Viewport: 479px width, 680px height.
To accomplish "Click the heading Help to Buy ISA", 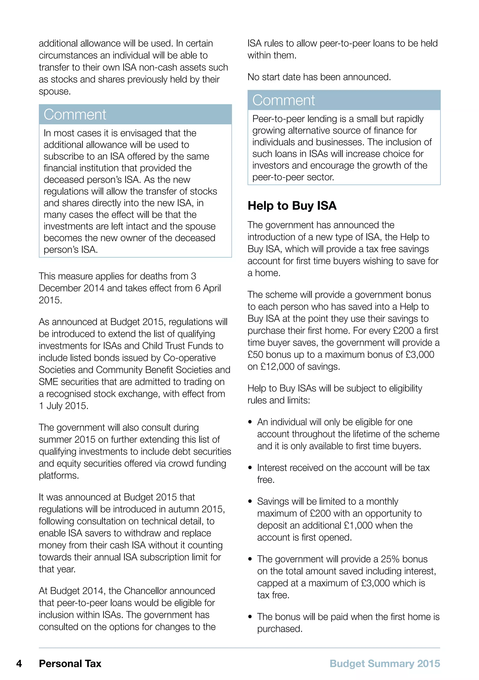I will click(x=292, y=205).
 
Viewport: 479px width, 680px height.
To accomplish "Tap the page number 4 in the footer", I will click(x=19, y=663).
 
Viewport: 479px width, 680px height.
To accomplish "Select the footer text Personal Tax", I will click(x=70, y=663).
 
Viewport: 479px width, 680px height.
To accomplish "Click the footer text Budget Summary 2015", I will click(x=385, y=663).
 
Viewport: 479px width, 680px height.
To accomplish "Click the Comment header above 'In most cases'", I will click(x=75, y=115).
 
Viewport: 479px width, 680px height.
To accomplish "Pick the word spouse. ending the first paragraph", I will click(x=54, y=91).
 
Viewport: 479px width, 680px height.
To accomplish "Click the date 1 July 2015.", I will click(x=63, y=406).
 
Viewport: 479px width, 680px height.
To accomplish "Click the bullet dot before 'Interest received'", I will click(x=250, y=468).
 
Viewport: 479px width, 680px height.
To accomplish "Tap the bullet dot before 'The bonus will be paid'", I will click(x=250, y=617).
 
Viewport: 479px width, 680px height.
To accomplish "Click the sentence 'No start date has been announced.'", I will click(x=319, y=77).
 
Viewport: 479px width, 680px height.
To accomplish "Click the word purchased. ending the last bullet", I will click(x=279, y=629).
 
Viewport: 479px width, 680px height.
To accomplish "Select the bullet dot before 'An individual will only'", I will click(x=250, y=422).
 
